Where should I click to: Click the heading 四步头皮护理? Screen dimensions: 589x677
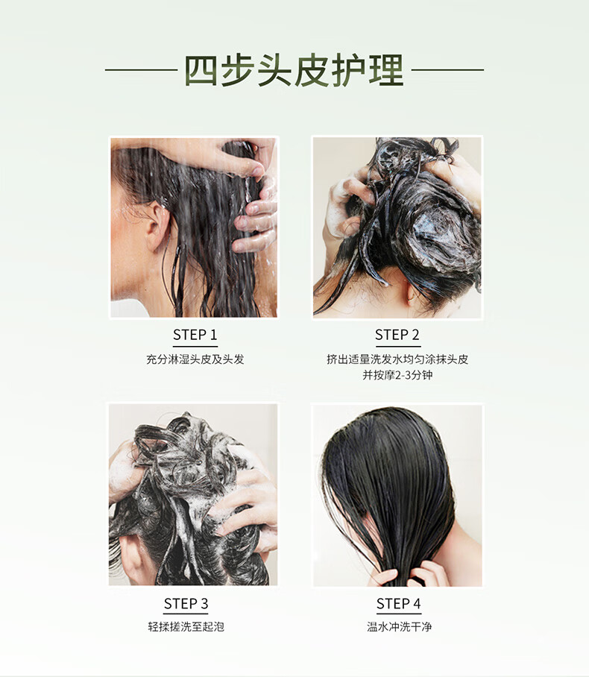click(x=294, y=70)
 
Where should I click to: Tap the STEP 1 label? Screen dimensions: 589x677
click(x=195, y=335)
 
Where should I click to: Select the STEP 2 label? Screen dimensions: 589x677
click(x=397, y=335)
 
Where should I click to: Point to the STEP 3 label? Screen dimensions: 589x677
click(x=186, y=603)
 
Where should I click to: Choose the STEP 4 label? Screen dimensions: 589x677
click(x=399, y=603)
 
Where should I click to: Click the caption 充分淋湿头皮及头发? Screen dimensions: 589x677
click(x=195, y=359)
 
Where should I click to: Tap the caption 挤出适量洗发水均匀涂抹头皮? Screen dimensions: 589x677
click(x=397, y=359)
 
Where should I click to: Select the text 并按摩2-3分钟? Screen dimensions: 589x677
click(x=397, y=375)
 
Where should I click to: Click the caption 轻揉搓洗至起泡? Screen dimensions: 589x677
click(x=186, y=626)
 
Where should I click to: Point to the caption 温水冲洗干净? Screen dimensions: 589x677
click(x=399, y=626)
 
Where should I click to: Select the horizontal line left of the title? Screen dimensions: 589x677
click(x=141, y=69)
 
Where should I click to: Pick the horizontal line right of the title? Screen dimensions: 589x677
click(x=447, y=69)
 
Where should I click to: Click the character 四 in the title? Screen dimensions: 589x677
click(x=201, y=70)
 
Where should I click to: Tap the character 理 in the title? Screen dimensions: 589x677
click(x=387, y=70)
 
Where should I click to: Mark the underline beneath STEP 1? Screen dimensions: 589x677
click(x=195, y=346)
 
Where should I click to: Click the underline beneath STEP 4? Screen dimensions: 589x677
click(x=399, y=613)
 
